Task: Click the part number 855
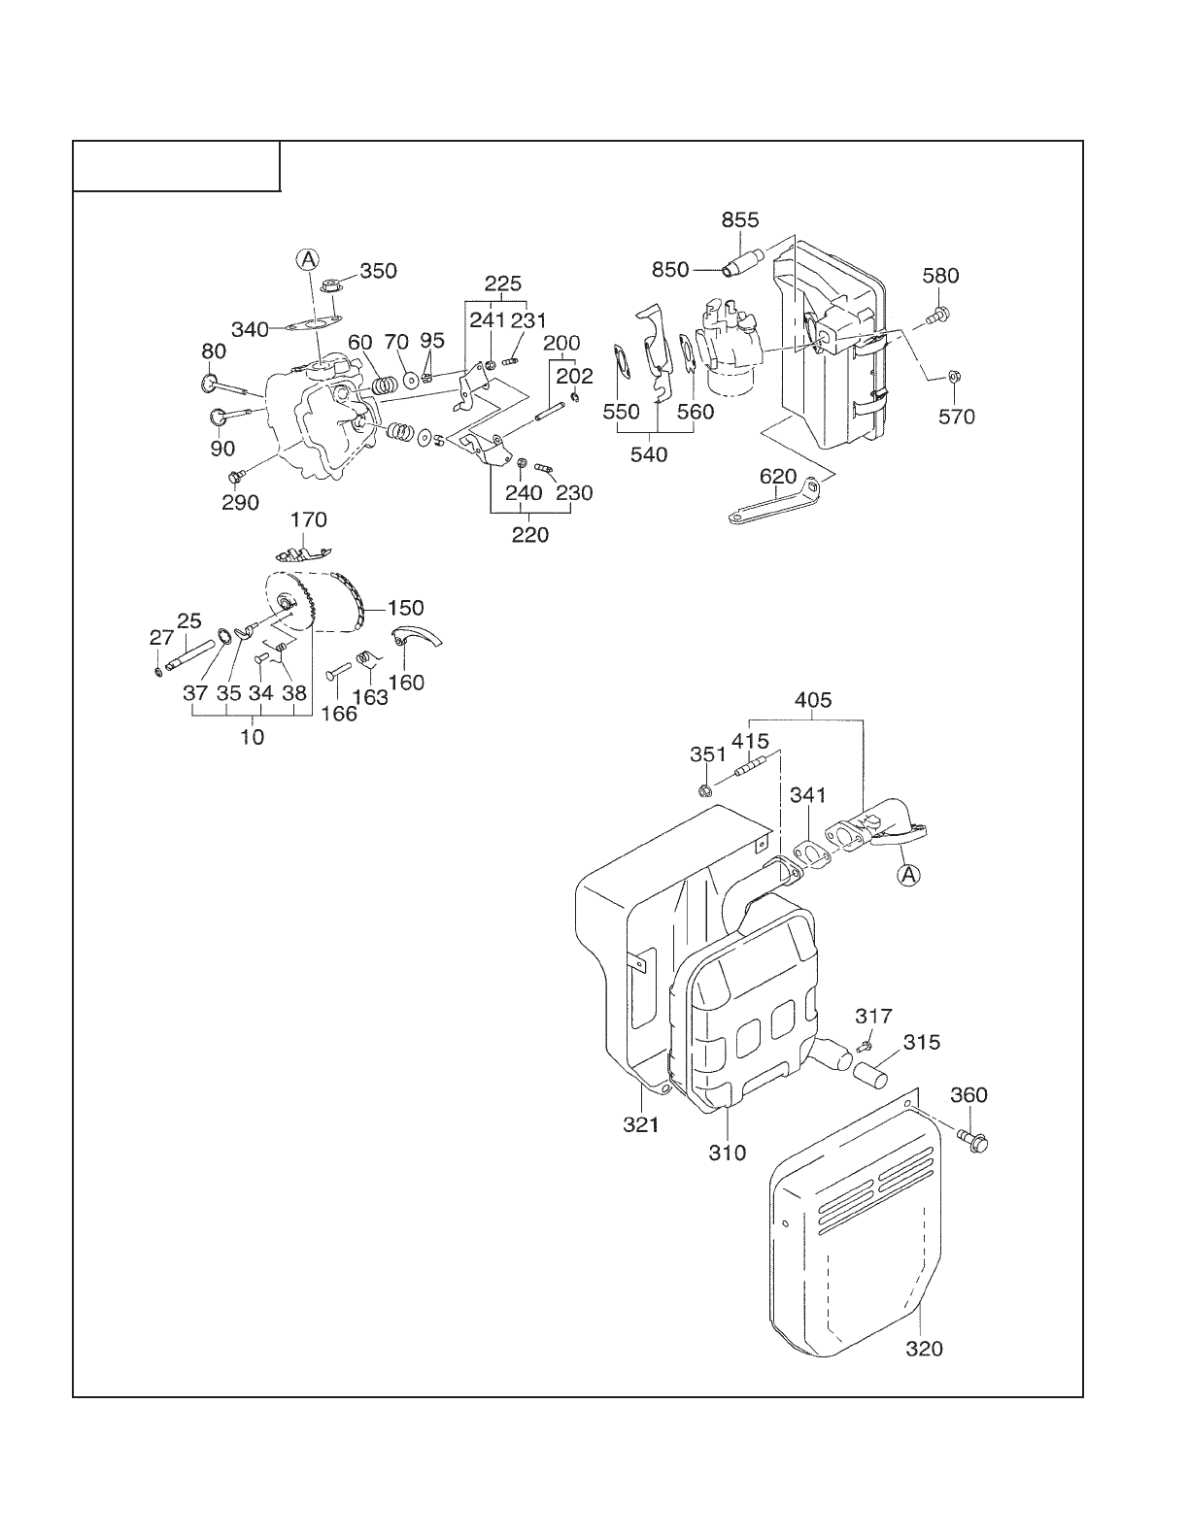click(x=740, y=220)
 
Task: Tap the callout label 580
click(x=940, y=276)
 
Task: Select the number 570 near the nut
click(x=956, y=418)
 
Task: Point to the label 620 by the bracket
click(x=778, y=477)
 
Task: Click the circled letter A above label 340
click(x=308, y=259)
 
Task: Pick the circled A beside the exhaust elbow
click(x=907, y=875)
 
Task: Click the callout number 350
click(x=378, y=271)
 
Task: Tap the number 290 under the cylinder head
click(x=241, y=502)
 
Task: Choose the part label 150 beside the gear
click(x=405, y=608)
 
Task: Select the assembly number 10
click(x=253, y=737)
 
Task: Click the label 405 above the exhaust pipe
click(x=813, y=700)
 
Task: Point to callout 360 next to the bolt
click(x=968, y=1095)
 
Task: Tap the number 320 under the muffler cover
click(x=924, y=1349)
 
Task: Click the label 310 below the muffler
click(x=728, y=1153)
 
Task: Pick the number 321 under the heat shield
click(x=641, y=1124)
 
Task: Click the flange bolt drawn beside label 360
click(x=971, y=1139)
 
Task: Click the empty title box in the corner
click(x=178, y=166)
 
